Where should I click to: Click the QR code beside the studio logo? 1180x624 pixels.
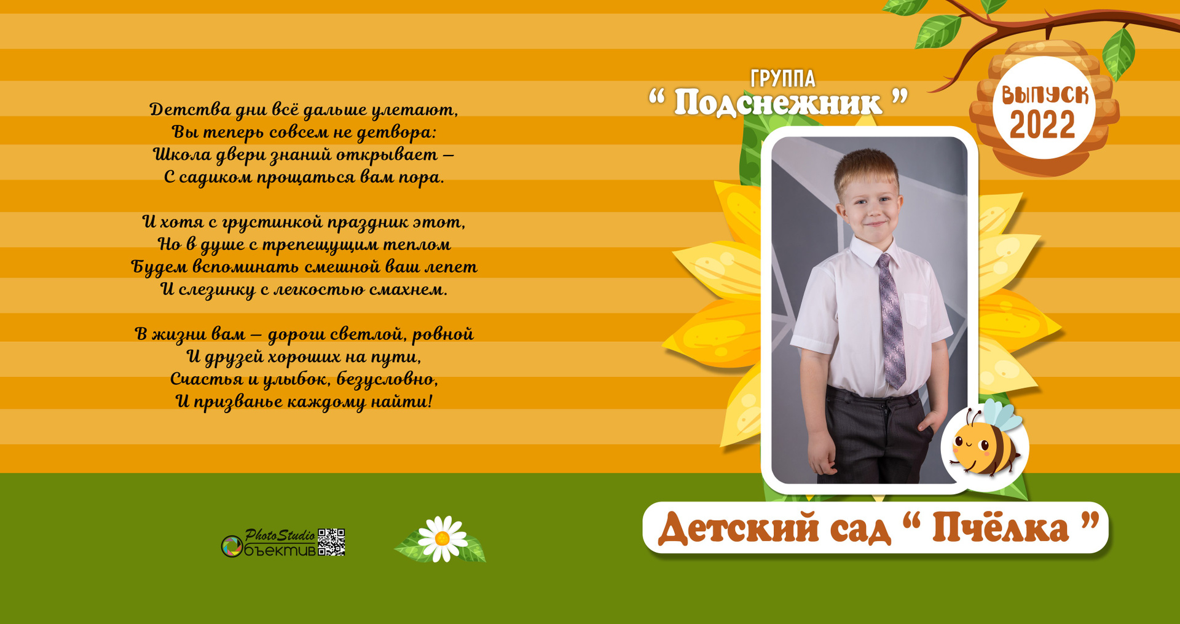331,542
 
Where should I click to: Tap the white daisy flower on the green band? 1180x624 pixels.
442,539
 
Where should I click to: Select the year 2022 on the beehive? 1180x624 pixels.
1042,125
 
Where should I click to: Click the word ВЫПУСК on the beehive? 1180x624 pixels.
1045,95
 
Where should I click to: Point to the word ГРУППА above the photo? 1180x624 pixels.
783,79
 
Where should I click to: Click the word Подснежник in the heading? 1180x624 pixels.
777,102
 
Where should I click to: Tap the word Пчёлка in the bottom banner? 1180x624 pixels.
1001,528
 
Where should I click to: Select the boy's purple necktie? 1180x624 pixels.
892,320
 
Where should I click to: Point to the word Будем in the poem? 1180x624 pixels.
159,267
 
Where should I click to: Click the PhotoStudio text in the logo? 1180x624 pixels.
280,535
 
